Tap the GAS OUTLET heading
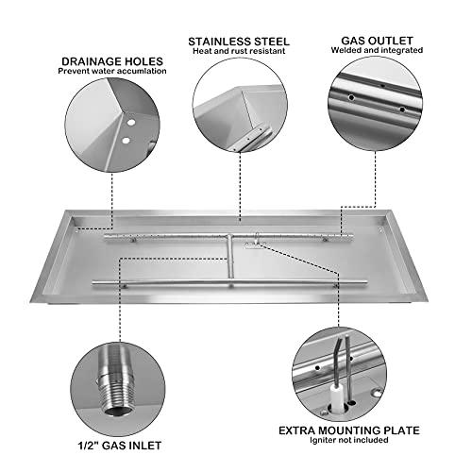(x=377, y=42)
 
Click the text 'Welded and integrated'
(x=377, y=54)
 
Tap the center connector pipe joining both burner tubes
(x=228, y=257)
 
